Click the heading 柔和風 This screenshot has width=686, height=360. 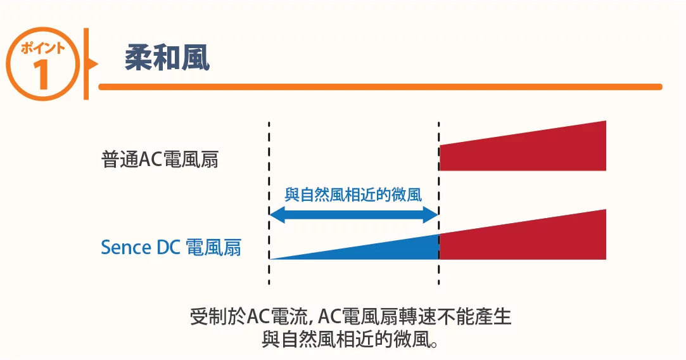tap(167, 58)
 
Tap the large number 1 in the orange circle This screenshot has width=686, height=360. tap(42, 74)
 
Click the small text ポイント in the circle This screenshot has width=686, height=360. tap(42, 48)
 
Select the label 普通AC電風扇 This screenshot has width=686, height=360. tap(160, 159)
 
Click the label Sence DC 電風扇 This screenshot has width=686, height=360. tap(170, 247)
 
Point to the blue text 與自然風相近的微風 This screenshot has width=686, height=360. tap(353, 195)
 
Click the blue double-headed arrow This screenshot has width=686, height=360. tap(353, 216)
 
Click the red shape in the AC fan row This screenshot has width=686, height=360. tap(523, 150)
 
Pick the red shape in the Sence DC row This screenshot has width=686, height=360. tap(523, 238)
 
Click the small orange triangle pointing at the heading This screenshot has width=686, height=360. tap(93, 63)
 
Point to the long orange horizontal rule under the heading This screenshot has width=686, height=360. tap(380, 87)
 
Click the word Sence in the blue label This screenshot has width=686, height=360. tap(126, 247)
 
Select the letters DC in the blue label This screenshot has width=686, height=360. tap(168, 247)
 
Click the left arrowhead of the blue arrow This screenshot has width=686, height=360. tap(276, 216)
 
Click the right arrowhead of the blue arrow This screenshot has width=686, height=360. tap(431, 216)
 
